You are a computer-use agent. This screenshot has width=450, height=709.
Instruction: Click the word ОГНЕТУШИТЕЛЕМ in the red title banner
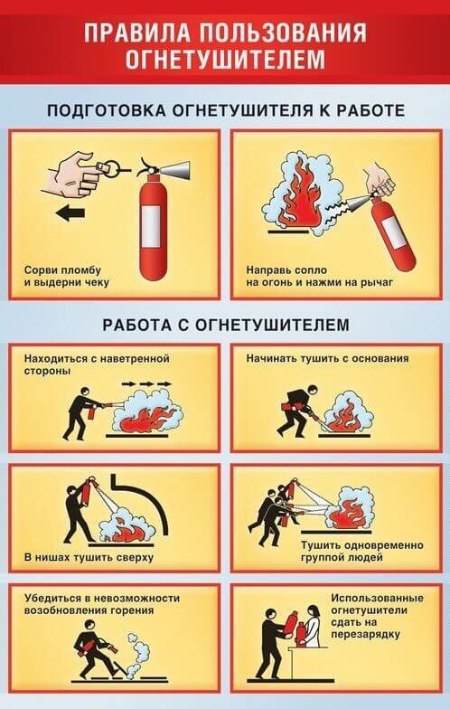[224, 59]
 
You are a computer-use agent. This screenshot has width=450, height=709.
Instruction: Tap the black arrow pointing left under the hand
[71, 213]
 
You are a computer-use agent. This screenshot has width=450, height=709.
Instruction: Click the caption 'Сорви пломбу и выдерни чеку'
[67, 277]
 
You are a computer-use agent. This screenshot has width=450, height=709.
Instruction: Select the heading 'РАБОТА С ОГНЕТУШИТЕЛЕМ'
[226, 325]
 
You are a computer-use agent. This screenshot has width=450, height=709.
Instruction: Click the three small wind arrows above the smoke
[146, 383]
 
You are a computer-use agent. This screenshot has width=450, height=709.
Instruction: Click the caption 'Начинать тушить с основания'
[327, 358]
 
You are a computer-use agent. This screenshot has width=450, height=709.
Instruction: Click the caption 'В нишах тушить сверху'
[89, 557]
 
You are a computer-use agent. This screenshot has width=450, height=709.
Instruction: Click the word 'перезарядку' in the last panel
[365, 635]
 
